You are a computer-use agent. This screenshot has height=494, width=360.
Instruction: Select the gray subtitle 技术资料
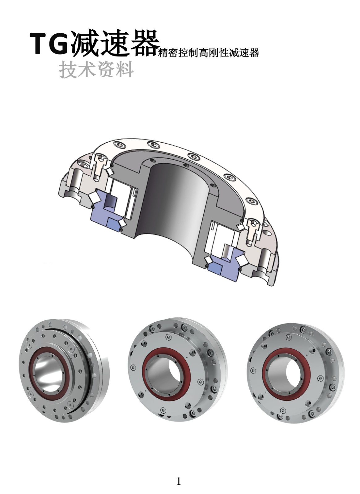pos(96,69)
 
